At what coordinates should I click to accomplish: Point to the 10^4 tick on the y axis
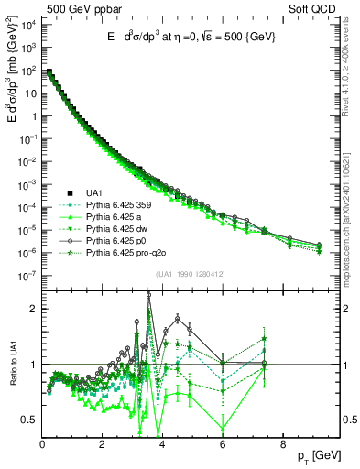click(x=27, y=24)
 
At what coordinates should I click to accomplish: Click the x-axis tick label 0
click(x=42, y=446)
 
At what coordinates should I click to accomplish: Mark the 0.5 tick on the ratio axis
click(x=30, y=420)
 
